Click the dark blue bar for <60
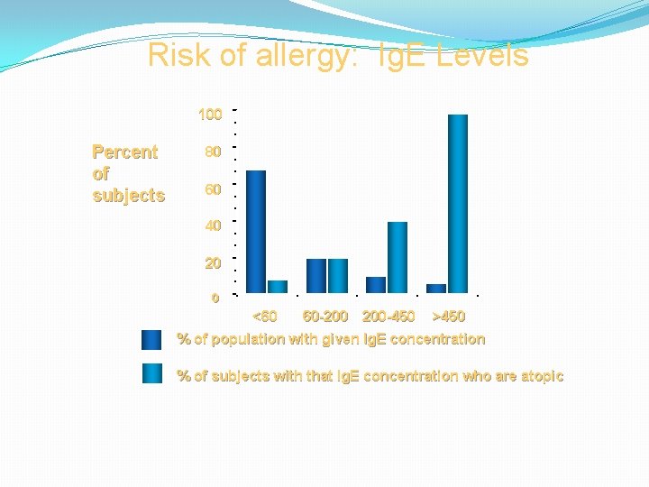256,231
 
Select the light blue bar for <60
278,287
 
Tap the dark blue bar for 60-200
316,275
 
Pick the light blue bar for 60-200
338,275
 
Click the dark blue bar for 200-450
376,284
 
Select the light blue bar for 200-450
398,257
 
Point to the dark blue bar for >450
436,288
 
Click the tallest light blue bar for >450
458,203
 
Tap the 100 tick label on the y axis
210,115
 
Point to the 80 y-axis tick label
213,152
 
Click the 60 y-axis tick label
213,189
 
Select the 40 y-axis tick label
213,226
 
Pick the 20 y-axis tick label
213,263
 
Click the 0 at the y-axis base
215,298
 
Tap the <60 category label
265,317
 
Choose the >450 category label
449,317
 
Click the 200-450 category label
388,317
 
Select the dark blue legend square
151,340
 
